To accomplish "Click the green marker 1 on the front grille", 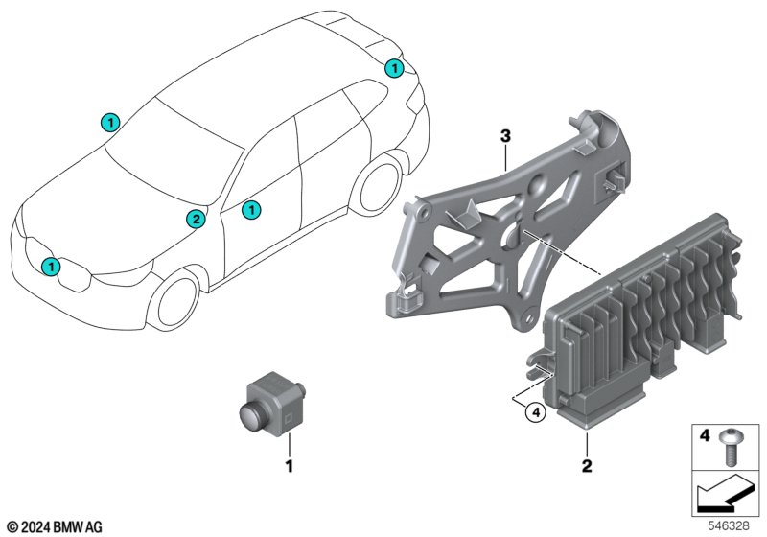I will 52,266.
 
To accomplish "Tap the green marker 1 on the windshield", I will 110,122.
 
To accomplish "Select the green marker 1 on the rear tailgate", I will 393,68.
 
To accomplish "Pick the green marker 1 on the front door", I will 251,208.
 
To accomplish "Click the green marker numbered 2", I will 195,220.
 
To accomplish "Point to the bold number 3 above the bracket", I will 505,138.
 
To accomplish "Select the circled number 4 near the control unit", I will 536,413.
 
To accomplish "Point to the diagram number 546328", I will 732,526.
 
